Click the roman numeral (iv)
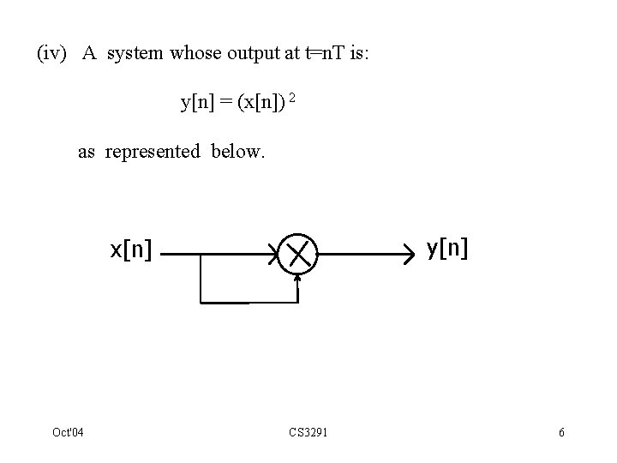click(51, 53)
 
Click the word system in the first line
click(135, 53)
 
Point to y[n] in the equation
click(197, 103)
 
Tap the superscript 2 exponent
click(293, 99)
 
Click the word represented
click(153, 152)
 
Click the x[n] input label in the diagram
click(131, 250)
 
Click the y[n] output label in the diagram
click(447, 248)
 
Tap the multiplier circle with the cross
click(297, 254)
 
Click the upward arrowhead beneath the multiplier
click(297, 280)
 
